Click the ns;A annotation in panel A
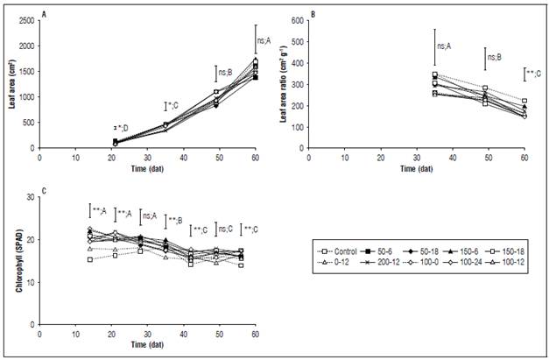click(x=264, y=40)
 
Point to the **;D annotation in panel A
click(x=119, y=129)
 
